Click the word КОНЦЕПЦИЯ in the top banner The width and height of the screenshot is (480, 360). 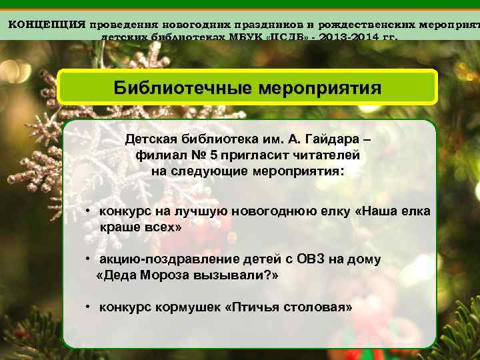click(47, 24)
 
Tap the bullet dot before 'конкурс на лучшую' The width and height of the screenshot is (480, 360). click(87, 211)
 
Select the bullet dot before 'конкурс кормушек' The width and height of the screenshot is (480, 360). click(87, 307)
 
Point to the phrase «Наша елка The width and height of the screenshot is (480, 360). click(393, 211)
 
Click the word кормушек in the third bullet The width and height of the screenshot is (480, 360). click(189, 307)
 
